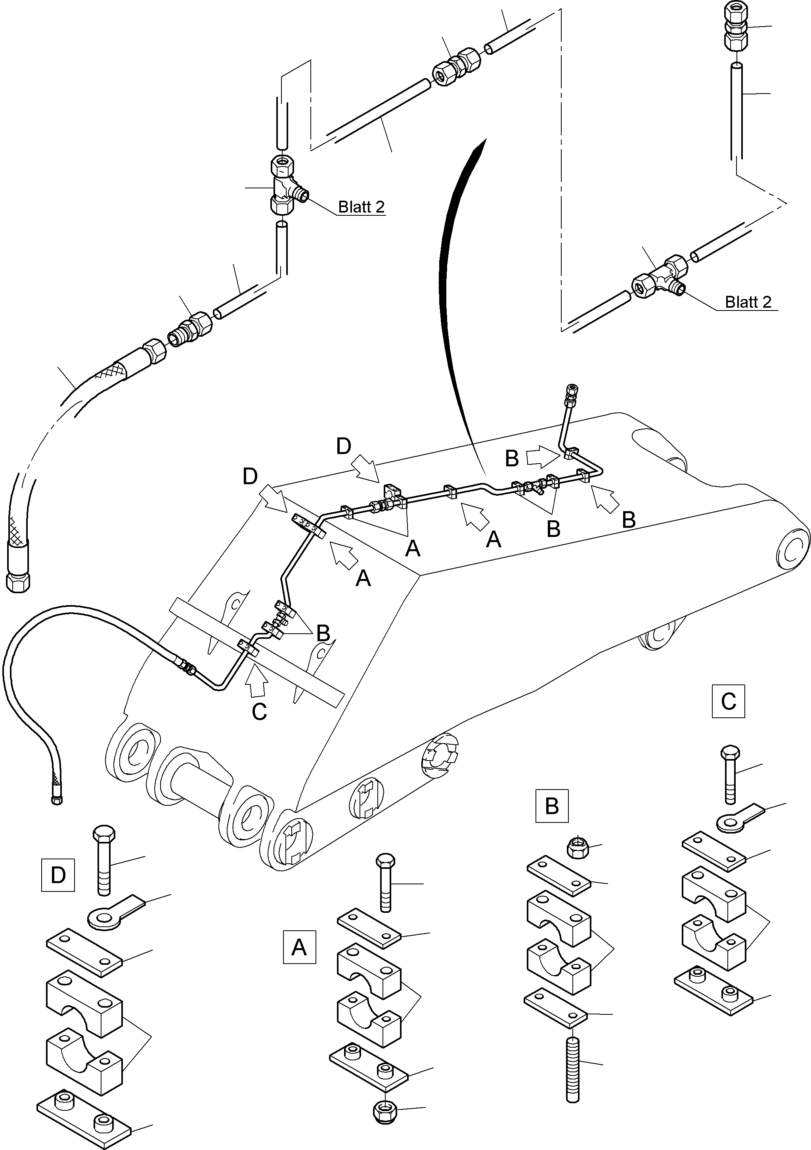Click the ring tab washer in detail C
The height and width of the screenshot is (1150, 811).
[734, 818]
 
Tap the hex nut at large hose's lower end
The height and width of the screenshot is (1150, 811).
[18, 582]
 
